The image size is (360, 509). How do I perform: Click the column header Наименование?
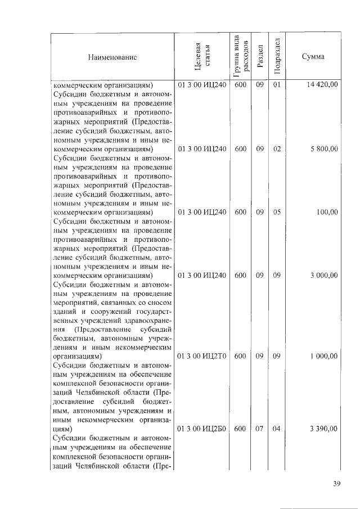[112, 57]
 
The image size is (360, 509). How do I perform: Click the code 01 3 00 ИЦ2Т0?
[202, 356]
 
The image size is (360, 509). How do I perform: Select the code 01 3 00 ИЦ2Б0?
[202, 429]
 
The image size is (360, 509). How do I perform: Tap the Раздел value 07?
[259, 429]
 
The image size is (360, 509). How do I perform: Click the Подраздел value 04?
[276, 429]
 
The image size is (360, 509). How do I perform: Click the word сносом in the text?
[159, 302]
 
